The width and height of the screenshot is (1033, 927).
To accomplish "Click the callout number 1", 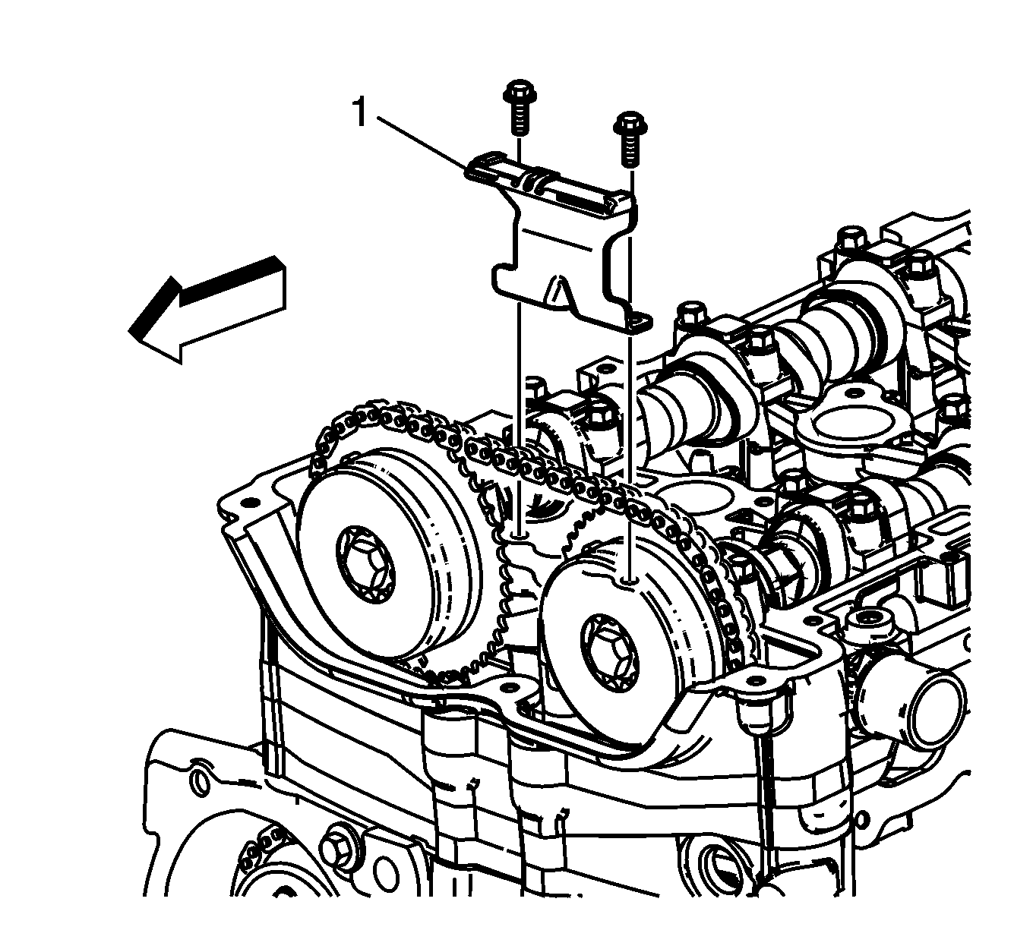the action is (360, 112).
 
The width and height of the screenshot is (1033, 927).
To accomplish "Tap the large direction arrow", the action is (207, 309).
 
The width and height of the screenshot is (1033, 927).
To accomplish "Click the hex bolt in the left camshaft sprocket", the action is (365, 565).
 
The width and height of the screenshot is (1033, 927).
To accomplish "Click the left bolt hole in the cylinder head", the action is (519, 535).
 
